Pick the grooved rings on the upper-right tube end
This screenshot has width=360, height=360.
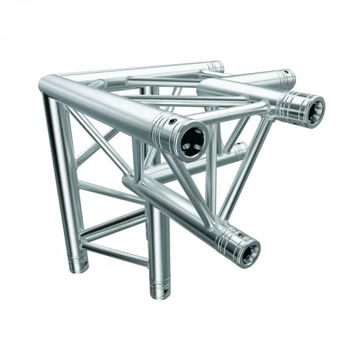[294, 104]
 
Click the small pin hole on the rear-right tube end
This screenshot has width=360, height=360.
[286, 74]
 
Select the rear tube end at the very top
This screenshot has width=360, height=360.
[216, 67]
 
